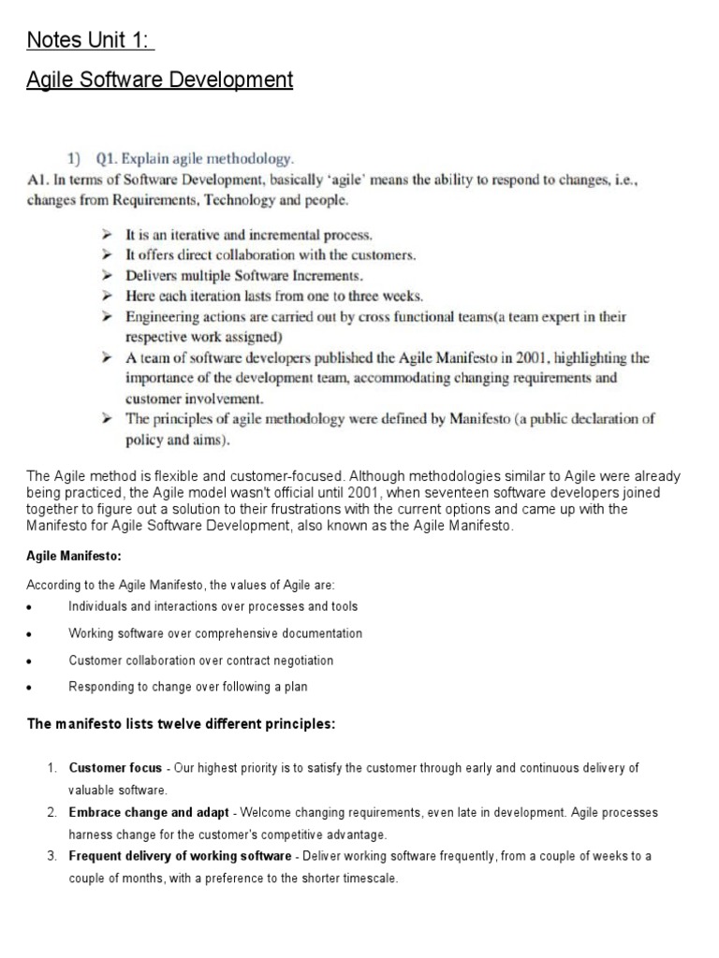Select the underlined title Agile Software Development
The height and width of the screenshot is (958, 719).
(x=159, y=80)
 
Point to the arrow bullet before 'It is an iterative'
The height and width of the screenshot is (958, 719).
(x=109, y=235)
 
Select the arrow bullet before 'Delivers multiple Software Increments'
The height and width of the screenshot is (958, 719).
(x=109, y=275)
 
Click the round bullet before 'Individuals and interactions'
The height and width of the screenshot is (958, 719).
(x=32, y=608)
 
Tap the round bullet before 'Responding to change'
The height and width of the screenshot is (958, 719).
(x=32, y=689)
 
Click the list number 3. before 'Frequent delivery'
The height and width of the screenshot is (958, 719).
(x=52, y=856)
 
